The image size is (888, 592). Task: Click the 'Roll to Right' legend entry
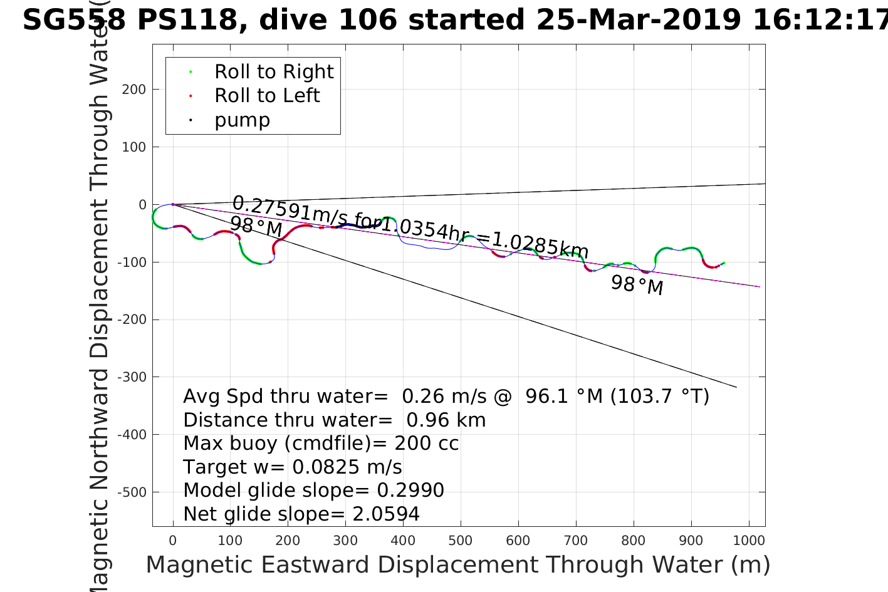pyautogui.click(x=274, y=72)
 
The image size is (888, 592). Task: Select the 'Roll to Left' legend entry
pyautogui.click(x=267, y=96)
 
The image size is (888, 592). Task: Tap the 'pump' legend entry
pyautogui.click(x=242, y=120)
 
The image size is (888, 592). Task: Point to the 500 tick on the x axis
pyautogui.click(x=461, y=541)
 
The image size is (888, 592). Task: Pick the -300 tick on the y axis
pyautogui.click(x=134, y=377)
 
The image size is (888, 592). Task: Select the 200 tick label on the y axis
pyautogui.click(x=134, y=90)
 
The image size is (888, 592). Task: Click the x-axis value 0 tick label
pyautogui.click(x=173, y=541)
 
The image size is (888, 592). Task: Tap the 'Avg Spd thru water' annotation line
pyautogui.click(x=446, y=397)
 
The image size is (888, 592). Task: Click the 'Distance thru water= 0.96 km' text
pyautogui.click(x=334, y=420)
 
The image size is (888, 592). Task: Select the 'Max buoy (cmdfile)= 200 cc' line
pyautogui.click(x=321, y=444)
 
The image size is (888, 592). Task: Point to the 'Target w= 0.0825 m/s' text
pyautogui.click(x=293, y=467)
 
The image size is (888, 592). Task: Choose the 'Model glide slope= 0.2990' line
pyautogui.click(x=313, y=491)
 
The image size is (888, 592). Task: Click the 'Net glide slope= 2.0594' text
pyautogui.click(x=301, y=514)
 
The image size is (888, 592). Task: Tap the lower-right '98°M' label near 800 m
pyautogui.click(x=637, y=285)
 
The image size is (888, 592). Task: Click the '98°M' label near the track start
pyautogui.click(x=256, y=226)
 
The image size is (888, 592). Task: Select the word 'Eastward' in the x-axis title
pyautogui.click(x=316, y=565)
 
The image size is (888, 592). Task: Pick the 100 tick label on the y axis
pyautogui.click(x=134, y=147)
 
